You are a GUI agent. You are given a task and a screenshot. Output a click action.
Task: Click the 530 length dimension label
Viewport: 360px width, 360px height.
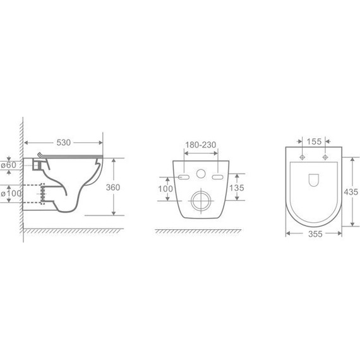[63, 143]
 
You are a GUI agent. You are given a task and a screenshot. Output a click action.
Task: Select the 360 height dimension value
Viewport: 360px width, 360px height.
[113, 188]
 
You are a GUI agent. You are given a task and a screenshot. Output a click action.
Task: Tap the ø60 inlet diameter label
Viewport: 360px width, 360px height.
[8, 165]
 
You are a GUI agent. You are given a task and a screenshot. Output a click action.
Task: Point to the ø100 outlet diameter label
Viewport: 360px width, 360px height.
[11, 193]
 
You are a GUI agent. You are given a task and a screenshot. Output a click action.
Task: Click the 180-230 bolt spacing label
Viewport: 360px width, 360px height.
[201, 145]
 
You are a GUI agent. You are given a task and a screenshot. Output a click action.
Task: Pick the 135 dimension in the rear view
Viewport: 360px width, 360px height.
[237, 188]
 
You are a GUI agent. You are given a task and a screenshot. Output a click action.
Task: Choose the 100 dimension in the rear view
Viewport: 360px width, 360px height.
[165, 189]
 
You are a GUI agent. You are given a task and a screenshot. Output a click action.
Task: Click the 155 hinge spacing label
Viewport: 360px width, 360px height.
[314, 141]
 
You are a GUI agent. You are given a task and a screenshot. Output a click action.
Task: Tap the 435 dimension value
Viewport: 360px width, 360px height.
[351, 192]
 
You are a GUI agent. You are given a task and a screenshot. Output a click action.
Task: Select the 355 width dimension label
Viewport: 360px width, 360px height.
[315, 234]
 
